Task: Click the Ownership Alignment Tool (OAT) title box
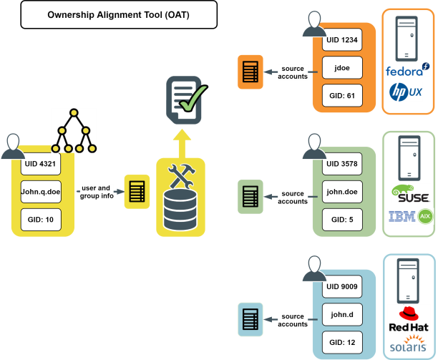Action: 119,14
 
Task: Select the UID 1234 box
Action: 342,39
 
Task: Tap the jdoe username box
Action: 342,67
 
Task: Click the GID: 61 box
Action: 342,95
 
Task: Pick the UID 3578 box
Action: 342,164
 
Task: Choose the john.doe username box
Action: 342,192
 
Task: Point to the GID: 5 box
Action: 342,220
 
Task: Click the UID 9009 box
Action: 342,286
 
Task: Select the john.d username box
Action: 342,314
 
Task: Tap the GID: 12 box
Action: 342,342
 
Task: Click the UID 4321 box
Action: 41,164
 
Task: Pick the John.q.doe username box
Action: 41,192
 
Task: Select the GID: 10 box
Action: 41,220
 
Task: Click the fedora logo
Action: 407,70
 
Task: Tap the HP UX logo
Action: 406,92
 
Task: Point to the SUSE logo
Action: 411,193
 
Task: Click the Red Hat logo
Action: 409,319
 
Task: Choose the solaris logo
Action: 408,344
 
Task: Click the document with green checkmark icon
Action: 187,100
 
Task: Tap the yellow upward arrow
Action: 182,144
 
